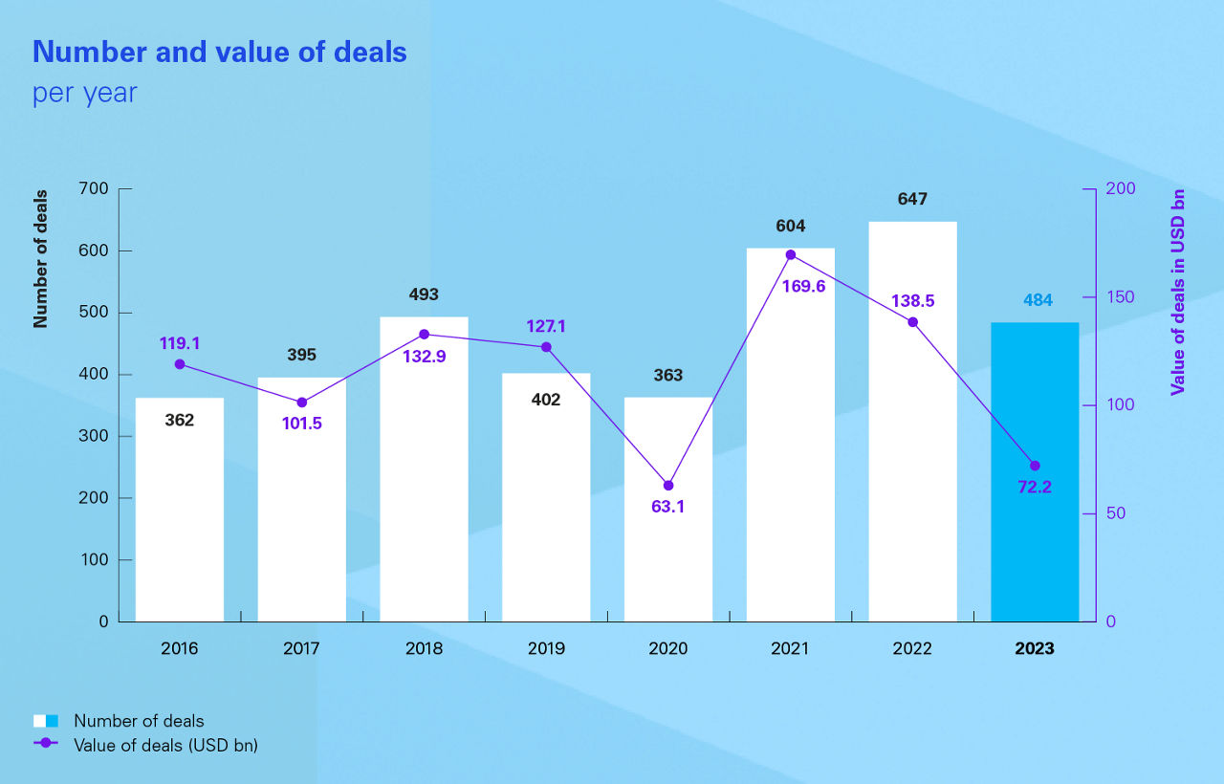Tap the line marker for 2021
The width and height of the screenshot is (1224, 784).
click(x=791, y=255)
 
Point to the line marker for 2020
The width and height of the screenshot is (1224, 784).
click(x=668, y=486)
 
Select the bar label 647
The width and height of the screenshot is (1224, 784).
click(x=912, y=200)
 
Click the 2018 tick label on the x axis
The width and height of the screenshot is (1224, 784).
click(x=424, y=649)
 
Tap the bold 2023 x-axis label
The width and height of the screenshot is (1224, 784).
click(x=1034, y=649)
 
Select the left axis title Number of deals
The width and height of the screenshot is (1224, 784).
click(x=40, y=258)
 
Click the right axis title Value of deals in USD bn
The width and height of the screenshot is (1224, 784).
click(x=1177, y=292)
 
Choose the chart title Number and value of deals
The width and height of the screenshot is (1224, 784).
click(x=220, y=53)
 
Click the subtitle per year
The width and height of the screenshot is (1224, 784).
click(x=85, y=94)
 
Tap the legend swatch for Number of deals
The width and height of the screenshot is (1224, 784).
click(x=46, y=721)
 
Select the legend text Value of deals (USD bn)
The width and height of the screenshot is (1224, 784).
click(x=165, y=745)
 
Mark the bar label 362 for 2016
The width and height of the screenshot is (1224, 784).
click(x=179, y=420)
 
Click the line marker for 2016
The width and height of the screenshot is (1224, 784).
click(x=180, y=364)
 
